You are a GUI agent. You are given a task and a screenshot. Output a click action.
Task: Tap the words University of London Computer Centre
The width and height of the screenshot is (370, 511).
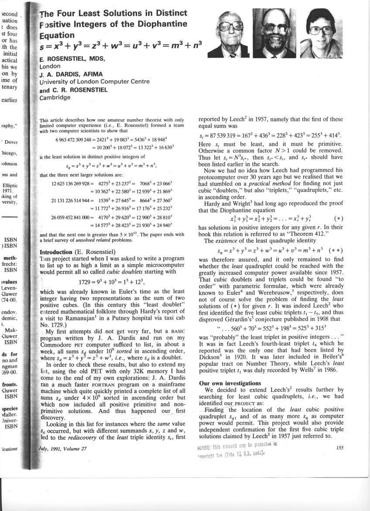pos(94,82)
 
